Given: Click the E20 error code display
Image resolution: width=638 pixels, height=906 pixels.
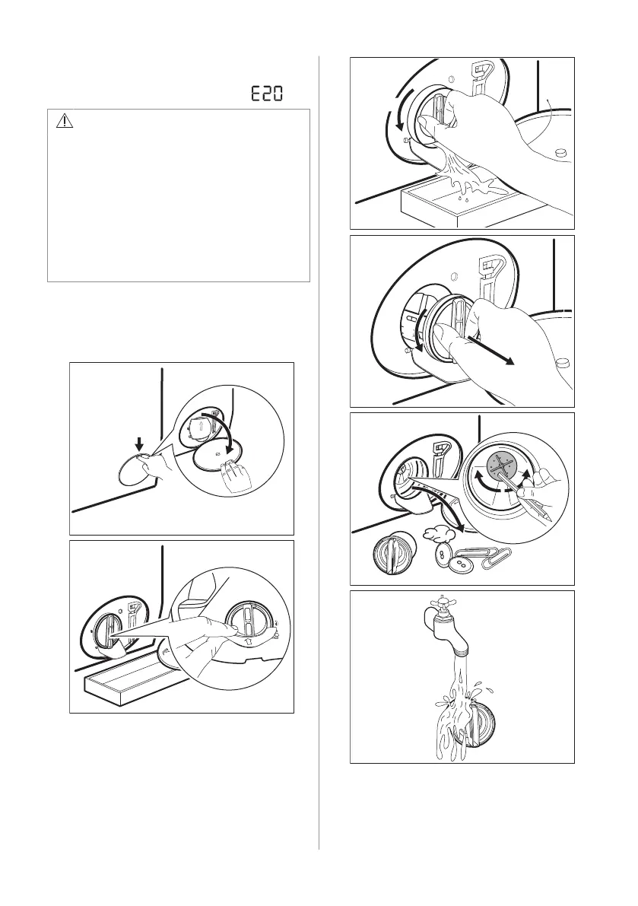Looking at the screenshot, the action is tap(267, 94).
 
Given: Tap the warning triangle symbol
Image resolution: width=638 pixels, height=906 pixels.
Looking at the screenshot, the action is tap(65, 121).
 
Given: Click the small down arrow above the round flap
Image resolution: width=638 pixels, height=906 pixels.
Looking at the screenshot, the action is tap(138, 444).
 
